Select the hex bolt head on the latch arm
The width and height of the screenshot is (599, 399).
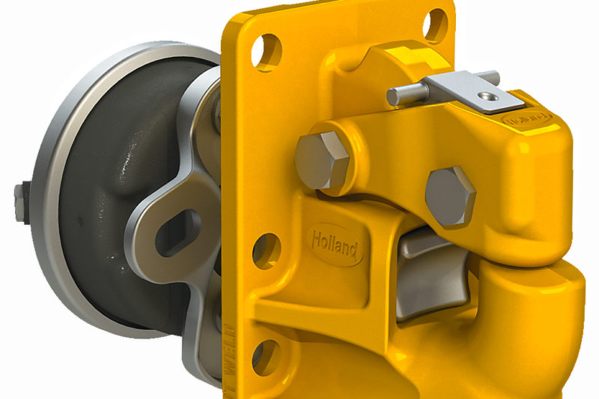tap(450, 196)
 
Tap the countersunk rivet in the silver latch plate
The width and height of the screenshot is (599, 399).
tap(487, 96)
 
